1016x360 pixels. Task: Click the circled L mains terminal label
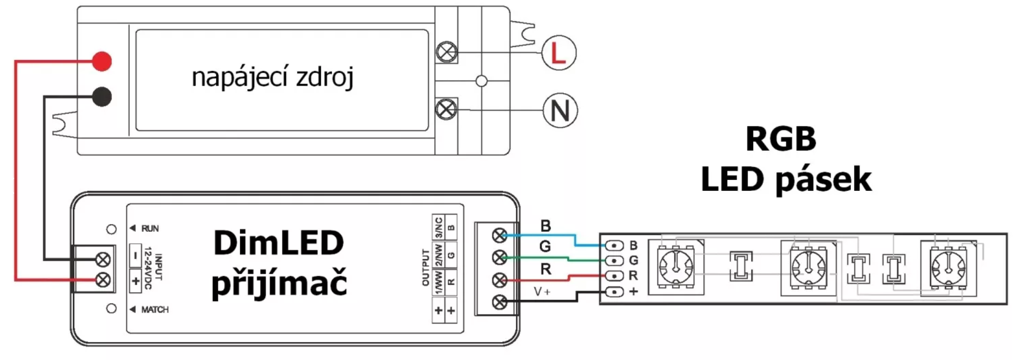[x=558, y=53]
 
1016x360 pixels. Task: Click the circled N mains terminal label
[x=560, y=111]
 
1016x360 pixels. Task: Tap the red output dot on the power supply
[x=102, y=61]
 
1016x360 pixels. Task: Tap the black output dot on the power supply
[x=102, y=97]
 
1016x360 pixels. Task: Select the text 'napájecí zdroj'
[x=273, y=77]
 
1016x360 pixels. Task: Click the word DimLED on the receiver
[x=279, y=243]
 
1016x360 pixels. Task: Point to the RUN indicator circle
[x=111, y=229]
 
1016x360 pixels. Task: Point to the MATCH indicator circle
[x=111, y=309]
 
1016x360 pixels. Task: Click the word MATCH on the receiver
[x=155, y=309]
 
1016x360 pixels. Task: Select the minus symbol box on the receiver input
[x=136, y=255]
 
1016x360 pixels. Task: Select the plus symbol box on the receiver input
[x=136, y=281]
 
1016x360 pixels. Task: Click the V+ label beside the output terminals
[x=542, y=292]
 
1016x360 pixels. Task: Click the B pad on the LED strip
[x=615, y=245]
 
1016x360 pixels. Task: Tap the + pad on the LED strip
[x=615, y=292]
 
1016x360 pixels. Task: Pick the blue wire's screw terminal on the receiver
[x=500, y=235]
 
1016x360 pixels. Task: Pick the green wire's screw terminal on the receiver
[x=500, y=257]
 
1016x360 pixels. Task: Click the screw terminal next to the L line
[x=447, y=52]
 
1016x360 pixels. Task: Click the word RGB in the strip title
[x=780, y=139]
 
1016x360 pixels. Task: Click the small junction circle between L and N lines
[x=482, y=81]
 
